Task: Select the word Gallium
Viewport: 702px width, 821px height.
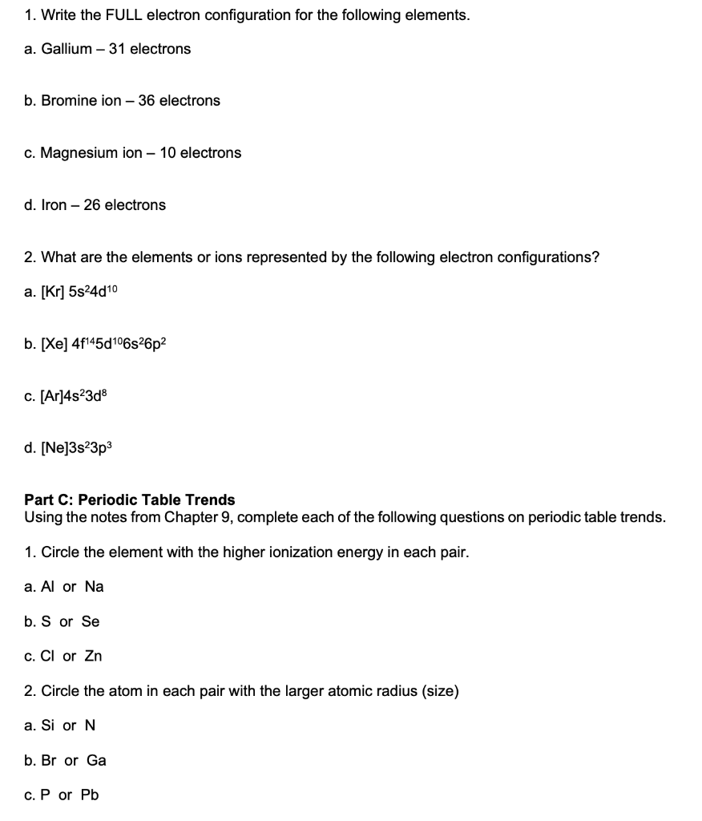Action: point(67,49)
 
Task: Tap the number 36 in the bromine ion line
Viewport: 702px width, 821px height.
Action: point(147,101)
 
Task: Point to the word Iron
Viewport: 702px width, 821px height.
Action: point(54,205)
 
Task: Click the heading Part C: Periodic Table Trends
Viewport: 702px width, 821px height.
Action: point(130,499)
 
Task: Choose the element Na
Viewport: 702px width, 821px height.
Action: point(94,587)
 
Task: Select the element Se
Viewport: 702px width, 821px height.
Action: point(91,621)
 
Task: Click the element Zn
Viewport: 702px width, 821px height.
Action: point(93,657)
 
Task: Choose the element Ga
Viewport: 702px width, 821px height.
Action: point(96,760)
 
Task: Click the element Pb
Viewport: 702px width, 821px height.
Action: point(90,795)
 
